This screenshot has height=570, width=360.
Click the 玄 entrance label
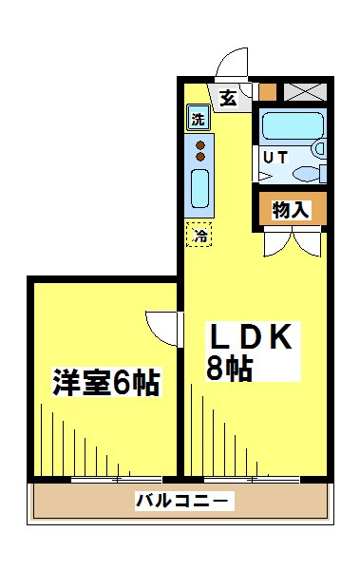[229, 97]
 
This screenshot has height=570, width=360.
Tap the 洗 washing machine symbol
[197, 120]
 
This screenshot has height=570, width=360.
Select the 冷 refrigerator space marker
[199, 234]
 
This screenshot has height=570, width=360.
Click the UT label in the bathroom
[275, 158]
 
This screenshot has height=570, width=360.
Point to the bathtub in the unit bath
[292, 127]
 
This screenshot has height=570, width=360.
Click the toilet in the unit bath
[307, 173]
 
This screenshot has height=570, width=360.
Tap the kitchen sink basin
[199, 189]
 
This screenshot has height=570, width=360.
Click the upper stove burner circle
[199, 144]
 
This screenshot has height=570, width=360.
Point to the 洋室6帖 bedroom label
[105, 384]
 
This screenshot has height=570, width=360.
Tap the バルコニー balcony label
[180, 501]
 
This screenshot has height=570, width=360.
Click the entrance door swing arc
[232, 65]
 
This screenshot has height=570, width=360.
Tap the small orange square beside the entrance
[268, 93]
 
